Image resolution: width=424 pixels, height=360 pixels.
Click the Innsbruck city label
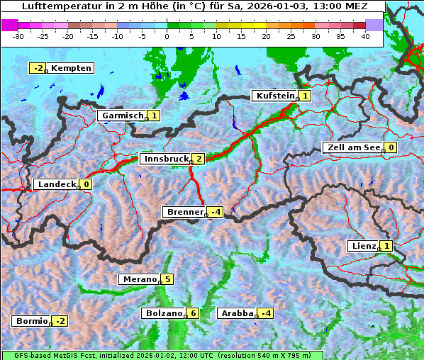tap(164, 159)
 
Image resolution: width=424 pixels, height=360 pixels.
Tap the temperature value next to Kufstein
tap(305, 96)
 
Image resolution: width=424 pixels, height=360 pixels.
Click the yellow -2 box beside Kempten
tap(38, 68)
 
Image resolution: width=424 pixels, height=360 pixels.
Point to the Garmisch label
tap(122, 116)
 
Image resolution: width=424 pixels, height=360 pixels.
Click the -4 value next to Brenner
tap(216, 212)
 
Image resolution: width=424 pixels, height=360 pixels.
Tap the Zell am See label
tap(352, 147)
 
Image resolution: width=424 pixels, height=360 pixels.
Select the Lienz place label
tap(363, 246)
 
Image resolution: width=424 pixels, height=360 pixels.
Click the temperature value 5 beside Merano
tap(167, 279)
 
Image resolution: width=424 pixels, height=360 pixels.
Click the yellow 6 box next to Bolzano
tap(193, 313)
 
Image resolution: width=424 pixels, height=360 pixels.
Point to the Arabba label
tap(237, 313)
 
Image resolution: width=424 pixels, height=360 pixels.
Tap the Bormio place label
tap(31, 321)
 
